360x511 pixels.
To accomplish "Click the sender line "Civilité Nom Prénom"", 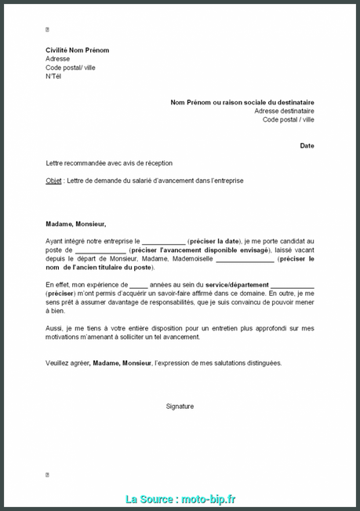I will (77, 50).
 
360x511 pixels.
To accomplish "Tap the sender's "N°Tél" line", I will (53, 76).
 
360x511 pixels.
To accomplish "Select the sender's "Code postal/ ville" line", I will (71, 68).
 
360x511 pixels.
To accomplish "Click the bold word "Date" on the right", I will (307, 145).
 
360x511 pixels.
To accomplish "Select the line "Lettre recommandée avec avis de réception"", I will (109, 162).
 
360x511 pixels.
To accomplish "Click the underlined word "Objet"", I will (54, 181).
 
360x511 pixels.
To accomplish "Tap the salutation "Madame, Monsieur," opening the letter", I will (75, 224).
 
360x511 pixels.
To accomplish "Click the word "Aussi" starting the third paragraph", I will (54, 329).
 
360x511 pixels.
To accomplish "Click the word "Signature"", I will (180, 406).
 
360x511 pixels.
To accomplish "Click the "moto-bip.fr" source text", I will (208, 499).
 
